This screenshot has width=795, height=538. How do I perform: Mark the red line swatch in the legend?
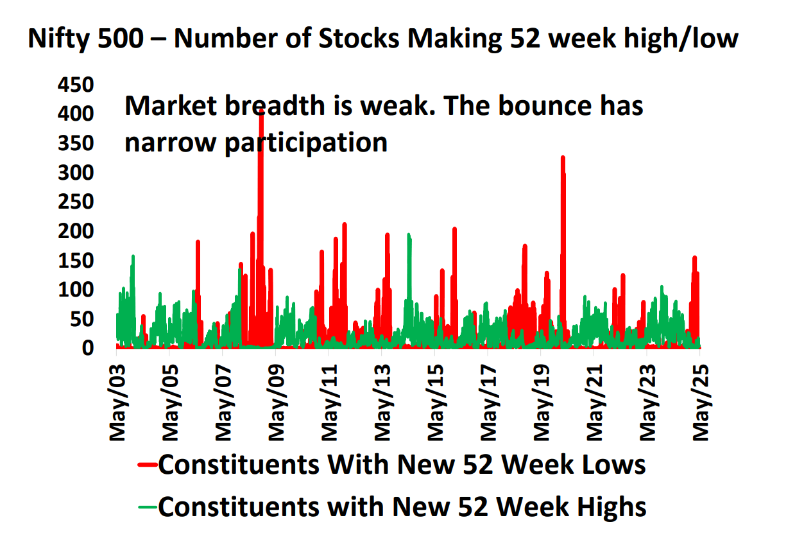148,464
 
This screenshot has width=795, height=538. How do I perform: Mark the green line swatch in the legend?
148,507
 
